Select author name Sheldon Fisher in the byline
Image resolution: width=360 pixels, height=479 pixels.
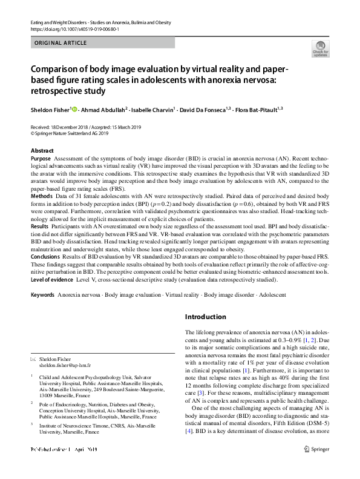tap(50, 110)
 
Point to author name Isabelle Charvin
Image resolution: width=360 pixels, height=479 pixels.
tap(153, 110)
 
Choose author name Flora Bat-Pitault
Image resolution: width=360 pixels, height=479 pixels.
tap(284, 110)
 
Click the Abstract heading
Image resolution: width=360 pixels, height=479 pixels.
tap(42, 150)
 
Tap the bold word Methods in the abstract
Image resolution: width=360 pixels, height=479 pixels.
tap(41, 197)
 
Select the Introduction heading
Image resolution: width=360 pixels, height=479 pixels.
tap(205, 317)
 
